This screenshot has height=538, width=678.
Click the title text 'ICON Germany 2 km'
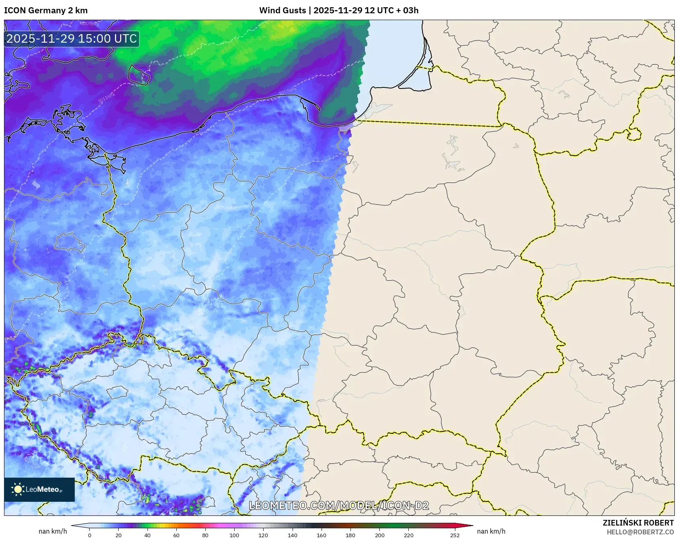46,10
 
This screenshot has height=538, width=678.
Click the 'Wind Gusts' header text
282,10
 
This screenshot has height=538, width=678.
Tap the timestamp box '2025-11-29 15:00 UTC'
72,39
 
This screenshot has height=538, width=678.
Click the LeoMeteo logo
39,489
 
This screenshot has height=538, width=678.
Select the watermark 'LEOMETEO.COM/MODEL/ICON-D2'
339,505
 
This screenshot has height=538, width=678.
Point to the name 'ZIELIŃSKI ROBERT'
638,523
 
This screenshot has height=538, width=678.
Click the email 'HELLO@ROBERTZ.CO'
640,532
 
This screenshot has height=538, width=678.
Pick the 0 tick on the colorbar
90,535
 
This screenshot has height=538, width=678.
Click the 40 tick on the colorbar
147,535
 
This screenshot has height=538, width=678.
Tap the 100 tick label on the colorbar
234,535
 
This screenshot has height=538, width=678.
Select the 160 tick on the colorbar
322,535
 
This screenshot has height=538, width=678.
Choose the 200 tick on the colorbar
379,535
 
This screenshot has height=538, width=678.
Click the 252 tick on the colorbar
455,535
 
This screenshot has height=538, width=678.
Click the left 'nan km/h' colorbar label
53,531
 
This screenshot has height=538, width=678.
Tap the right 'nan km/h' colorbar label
491,531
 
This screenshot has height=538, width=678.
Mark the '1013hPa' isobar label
287,90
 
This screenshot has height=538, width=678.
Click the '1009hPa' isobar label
89,24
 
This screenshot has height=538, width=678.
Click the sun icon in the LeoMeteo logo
18,489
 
